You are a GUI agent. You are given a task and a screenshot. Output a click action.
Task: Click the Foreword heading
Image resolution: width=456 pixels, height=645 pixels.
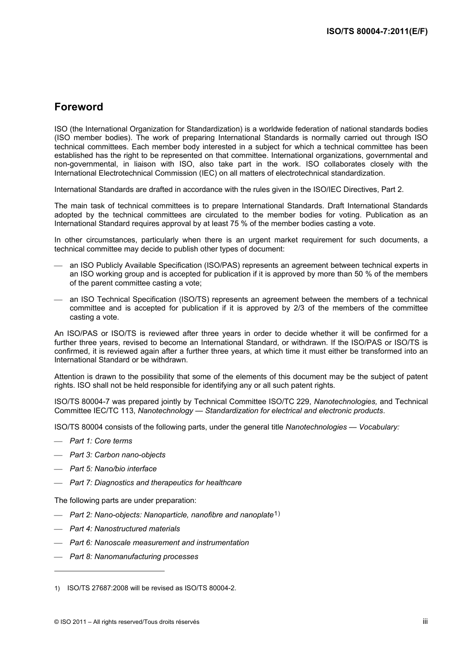[x=79, y=107]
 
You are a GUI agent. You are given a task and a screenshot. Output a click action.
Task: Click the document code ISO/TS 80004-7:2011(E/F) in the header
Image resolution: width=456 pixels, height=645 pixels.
[x=377, y=32]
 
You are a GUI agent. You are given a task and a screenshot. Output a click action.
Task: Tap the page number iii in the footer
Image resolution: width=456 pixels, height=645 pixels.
[x=425, y=621]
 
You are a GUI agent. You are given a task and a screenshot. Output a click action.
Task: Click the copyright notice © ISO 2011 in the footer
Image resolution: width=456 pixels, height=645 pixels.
[x=127, y=622]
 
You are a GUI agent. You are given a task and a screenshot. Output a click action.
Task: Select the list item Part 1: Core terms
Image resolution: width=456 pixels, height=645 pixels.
[x=101, y=441]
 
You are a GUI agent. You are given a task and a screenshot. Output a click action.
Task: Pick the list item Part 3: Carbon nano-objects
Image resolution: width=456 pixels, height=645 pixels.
[x=118, y=455]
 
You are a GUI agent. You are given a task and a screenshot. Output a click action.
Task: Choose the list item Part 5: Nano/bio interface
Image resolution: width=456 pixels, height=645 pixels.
[x=113, y=469]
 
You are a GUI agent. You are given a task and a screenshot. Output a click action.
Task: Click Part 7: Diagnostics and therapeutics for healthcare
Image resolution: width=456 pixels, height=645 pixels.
[x=156, y=483]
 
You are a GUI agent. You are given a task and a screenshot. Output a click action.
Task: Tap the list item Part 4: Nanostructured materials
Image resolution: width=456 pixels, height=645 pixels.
[x=125, y=529]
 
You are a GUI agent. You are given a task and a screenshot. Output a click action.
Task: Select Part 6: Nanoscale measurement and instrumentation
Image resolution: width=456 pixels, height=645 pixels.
[x=159, y=543]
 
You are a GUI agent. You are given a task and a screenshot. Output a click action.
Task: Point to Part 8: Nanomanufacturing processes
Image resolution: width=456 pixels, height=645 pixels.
[x=134, y=557]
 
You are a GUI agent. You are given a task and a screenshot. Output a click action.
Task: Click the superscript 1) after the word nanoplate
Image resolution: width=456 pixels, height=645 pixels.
[x=277, y=514]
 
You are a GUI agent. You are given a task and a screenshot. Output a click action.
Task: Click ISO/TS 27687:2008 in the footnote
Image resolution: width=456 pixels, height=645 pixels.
[x=97, y=588]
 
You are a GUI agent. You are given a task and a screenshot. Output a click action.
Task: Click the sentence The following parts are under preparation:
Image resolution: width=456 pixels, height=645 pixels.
[x=125, y=501]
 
